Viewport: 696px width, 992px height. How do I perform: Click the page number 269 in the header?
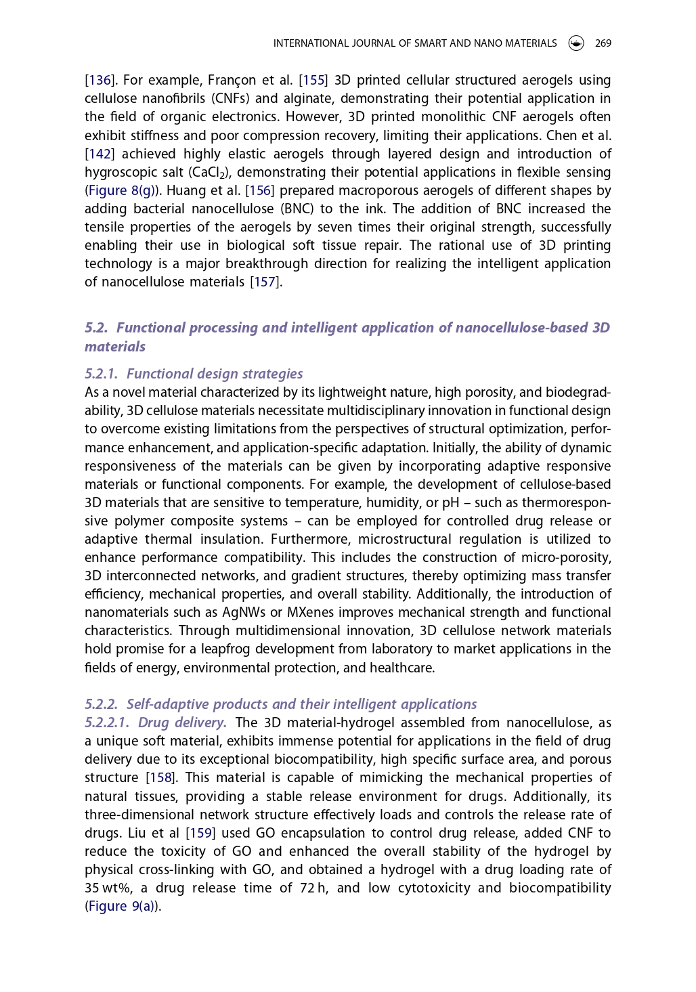tap(603, 43)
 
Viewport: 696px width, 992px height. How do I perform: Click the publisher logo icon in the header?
tap(576, 43)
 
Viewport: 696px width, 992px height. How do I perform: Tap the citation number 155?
tap(313, 81)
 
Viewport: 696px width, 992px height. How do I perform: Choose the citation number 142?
tap(100, 154)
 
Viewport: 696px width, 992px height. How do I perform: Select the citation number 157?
tap(264, 282)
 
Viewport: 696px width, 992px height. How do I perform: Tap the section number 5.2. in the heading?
tap(96, 328)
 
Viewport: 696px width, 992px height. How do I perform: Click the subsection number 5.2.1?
tap(102, 374)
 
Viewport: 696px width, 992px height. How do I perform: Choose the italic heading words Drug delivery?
tap(181, 723)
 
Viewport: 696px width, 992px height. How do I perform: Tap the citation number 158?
tap(161, 778)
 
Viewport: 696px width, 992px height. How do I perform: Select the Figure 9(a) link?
tap(122, 907)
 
